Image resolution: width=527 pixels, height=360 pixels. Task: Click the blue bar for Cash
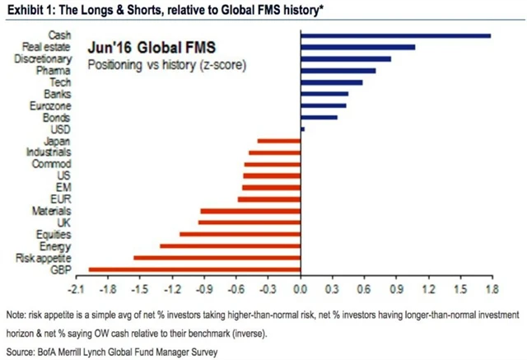[x=396, y=35]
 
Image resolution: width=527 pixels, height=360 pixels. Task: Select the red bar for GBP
[x=194, y=269]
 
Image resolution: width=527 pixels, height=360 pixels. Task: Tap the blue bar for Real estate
[x=358, y=47]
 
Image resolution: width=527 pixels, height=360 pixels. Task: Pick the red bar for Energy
[x=230, y=245]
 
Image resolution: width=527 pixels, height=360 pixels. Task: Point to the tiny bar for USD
[x=302, y=129]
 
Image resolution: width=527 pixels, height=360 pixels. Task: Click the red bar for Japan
[x=279, y=141]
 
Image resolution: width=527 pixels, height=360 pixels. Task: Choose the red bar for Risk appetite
[x=217, y=257]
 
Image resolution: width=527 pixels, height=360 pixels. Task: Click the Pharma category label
[x=58, y=71]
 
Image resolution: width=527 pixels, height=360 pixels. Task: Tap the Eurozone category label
[x=52, y=105]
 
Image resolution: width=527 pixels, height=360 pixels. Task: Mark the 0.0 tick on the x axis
[x=300, y=289]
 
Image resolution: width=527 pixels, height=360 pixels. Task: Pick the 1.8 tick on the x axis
[x=491, y=289]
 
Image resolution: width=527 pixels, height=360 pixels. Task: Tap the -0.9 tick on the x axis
[x=204, y=289]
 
